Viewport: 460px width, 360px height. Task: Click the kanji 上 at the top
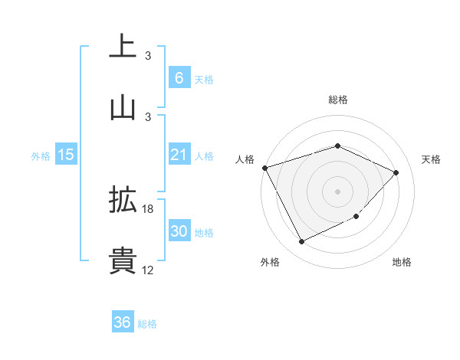click(123, 47)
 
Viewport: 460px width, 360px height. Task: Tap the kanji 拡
click(123, 200)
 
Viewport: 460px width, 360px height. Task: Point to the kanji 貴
click(123, 260)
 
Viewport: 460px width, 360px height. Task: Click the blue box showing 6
click(179, 77)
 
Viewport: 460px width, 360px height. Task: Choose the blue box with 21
click(179, 155)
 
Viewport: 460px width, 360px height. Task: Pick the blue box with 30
click(179, 231)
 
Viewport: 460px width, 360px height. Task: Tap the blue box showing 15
click(66, 155)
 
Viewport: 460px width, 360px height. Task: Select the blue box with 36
click(123, 322)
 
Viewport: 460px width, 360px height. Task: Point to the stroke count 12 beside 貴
click(148, 270)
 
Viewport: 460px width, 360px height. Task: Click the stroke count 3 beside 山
click(148, 116)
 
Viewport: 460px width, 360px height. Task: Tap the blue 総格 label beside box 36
click(147, 324)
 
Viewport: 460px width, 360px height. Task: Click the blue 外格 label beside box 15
click(41, 156)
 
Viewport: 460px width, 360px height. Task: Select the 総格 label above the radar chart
click(337, 100)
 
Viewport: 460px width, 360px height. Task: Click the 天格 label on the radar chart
click(432, 159)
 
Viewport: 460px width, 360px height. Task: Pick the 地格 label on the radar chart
click(402, 262)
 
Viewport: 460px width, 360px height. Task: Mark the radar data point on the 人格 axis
click(264, 168)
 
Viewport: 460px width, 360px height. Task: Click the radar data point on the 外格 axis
click(301, 242)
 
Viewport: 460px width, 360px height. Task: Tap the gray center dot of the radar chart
click(337, 191)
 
